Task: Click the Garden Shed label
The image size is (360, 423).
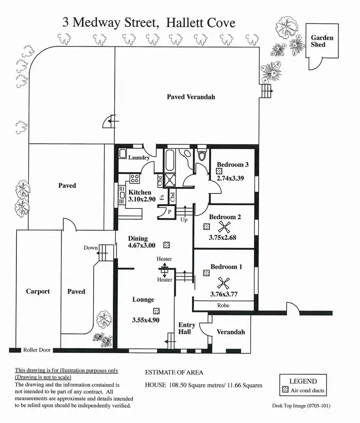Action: click(322, 41)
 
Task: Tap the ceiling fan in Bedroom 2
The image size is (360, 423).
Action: click(224, 227)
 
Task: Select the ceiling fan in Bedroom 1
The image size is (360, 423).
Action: click(223, 284)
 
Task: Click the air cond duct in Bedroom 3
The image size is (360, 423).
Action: click(219, 171)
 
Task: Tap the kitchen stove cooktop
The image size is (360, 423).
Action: click(134, 178)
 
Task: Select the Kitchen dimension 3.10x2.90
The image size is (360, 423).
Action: click(142, 200)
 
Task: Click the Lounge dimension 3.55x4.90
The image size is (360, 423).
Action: click(145, 320)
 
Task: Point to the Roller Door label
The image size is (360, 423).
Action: click(37, 350)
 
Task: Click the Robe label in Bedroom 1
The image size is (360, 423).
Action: click(223, 305)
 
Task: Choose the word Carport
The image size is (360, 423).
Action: click(38, 292)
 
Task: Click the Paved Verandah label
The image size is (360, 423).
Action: click(191, 97)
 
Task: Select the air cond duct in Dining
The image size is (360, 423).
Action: click(167, 245)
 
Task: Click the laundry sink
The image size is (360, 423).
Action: click(123, 153)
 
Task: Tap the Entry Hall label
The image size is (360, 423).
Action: click(187, 329)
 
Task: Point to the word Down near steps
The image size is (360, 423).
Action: click(90, 247)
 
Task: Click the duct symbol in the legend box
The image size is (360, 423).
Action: click(285, 390)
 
